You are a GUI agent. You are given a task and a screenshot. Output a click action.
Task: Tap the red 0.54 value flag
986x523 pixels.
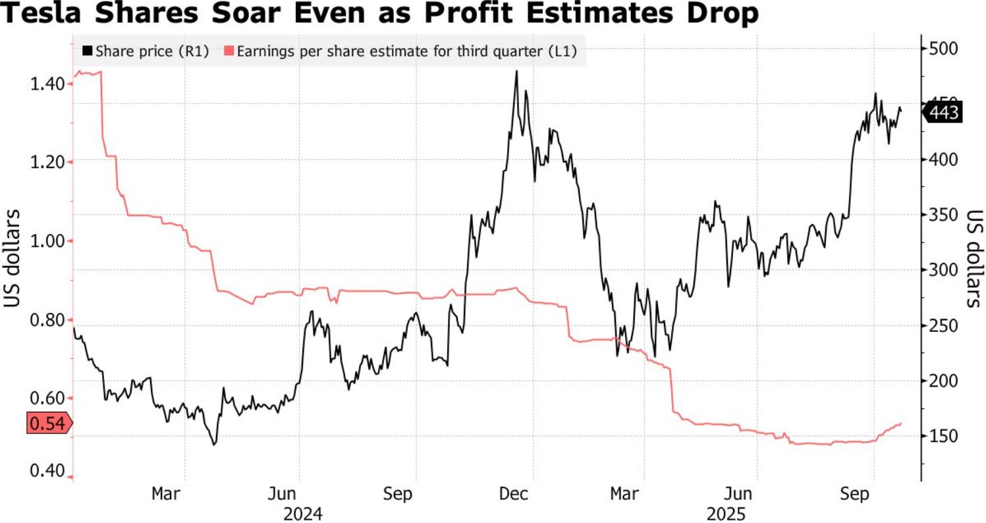pos(49,423)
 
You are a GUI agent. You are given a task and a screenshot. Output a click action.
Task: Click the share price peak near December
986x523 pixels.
pos(516,71)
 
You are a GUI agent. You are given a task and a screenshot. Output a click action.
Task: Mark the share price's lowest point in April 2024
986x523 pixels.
pos(213,445)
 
